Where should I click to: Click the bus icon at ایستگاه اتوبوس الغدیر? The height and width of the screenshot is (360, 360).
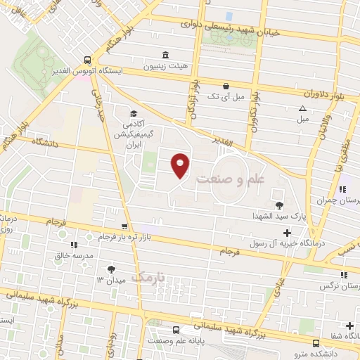click(x=87, y=60)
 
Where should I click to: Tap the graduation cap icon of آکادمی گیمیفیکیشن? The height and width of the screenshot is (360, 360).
click(x=132, y=112)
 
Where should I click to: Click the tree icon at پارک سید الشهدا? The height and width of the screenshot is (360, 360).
click(x=280, y=205)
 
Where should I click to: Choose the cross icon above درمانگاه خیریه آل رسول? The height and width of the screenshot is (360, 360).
click(x=286, y=233)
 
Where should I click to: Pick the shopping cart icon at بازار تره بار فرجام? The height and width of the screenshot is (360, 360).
click(x=124, y=226)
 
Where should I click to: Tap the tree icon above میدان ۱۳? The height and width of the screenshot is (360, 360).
click(x=111, y=269)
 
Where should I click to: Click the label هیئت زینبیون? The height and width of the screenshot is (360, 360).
click(x=148, y=67)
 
